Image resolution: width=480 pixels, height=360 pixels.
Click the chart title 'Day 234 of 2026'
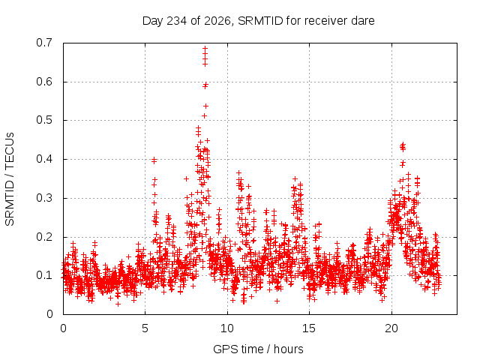pos(186,21)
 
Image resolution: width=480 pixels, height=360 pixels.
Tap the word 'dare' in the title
pos(363,21)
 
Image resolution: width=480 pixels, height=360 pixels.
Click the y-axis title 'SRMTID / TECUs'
pos(10,179)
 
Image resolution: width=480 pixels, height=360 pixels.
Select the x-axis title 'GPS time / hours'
pos(258,349)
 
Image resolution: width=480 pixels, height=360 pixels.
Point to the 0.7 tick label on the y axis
pos(44,43)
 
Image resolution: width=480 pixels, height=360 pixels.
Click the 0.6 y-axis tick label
pos(44,82)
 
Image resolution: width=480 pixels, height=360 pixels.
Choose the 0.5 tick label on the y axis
pos(44,120)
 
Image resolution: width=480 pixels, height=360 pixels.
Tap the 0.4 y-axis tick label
pos(44,159)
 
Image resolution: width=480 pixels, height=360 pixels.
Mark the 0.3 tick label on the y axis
pos(44,198)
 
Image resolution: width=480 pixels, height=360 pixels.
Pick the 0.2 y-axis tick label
pos(44,237)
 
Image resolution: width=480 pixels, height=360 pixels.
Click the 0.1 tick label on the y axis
pos(44,275)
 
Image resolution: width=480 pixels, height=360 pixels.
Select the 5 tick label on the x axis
pos(145,328)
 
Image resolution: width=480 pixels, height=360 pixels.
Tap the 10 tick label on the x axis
pos(226,328)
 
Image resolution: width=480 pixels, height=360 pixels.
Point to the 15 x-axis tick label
pos(309,328)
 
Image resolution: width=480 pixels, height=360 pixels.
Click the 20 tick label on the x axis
pos(391,328)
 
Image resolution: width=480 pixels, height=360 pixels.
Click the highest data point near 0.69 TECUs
pos(205,48)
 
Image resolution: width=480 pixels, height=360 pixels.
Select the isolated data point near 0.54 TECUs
pos(205,106)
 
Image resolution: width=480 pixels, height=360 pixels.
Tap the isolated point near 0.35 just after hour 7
pos(186,178)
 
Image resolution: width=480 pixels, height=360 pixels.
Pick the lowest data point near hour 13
pos(277,301)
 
